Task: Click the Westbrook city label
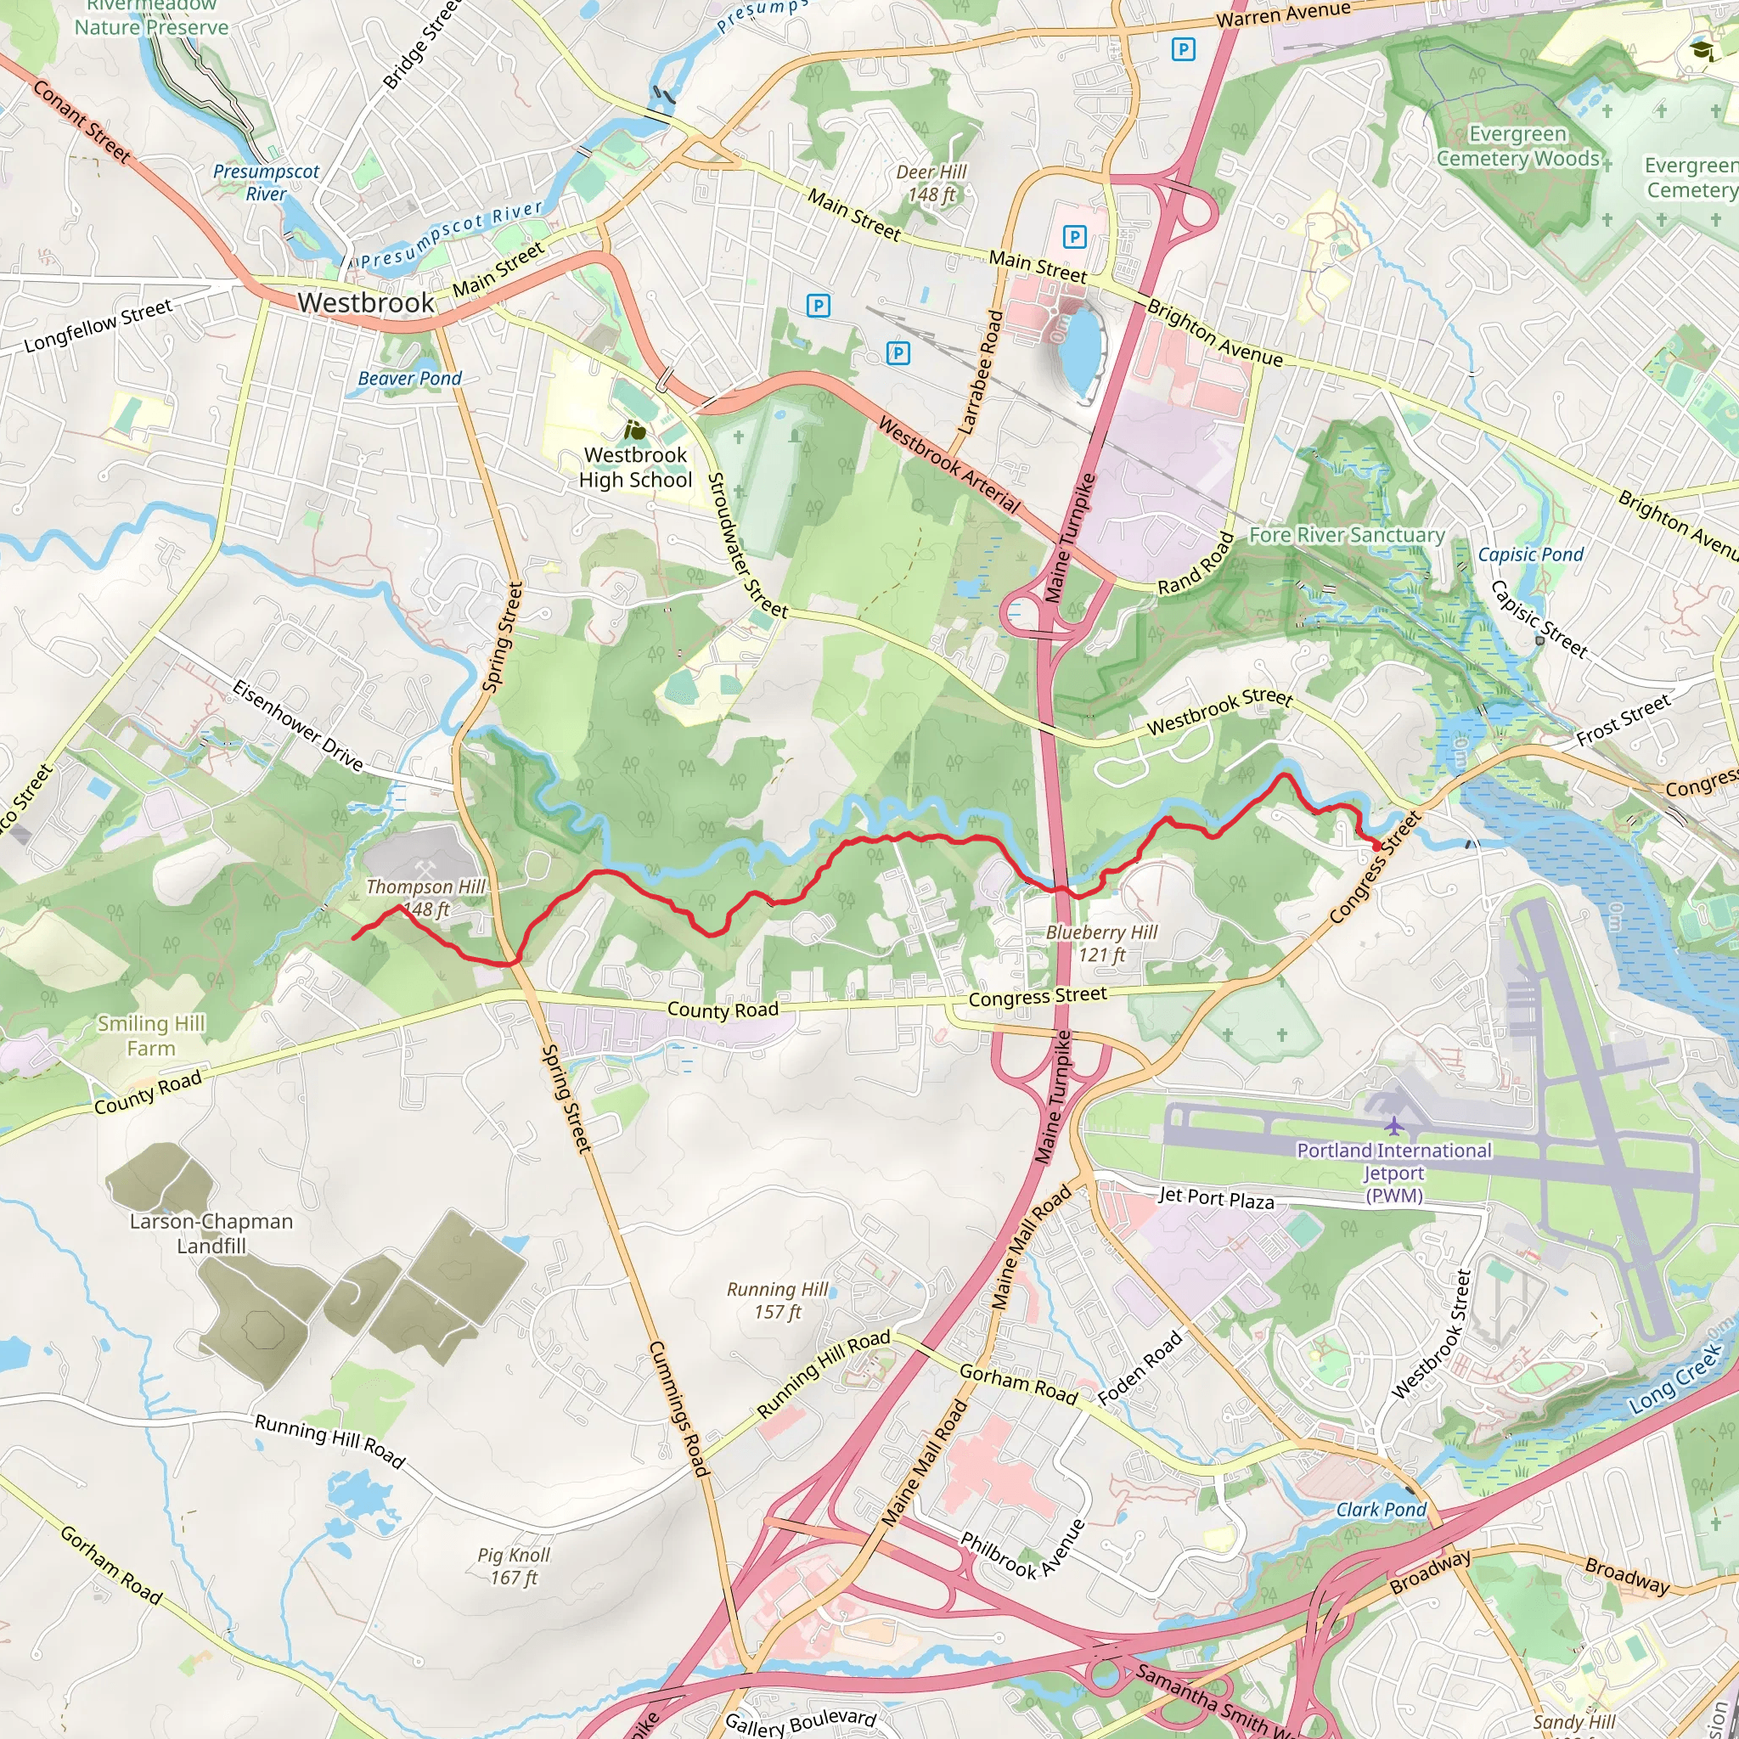point(365,302)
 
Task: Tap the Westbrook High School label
point(635,467)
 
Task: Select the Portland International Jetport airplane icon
point(1393,1126)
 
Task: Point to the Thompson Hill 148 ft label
point(425,898)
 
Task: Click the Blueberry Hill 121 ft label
point(1101,943)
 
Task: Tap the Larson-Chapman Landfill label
point(211,1233)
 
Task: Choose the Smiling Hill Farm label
point(151,1035)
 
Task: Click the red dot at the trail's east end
point(1376,846)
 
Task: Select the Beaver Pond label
point(409,379)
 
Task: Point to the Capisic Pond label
point(1530,554)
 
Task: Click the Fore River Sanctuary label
point(1347,536)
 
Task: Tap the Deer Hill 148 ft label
point(931,183)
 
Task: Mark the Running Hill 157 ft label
point(777,1301)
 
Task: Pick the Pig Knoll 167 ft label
point(513,1566)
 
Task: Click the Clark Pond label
point(1381,1510)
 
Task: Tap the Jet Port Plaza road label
point(1215,1198)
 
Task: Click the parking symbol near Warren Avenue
point(1184,49)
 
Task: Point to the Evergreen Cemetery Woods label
point(1517,146)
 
